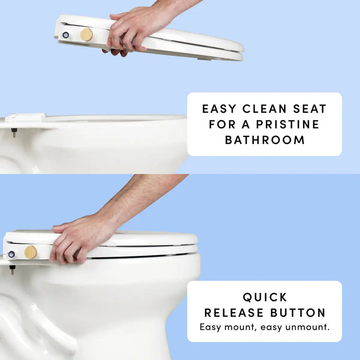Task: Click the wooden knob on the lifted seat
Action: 86,35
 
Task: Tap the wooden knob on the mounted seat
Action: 31,252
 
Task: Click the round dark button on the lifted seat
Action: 66,35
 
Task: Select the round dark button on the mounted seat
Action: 12,254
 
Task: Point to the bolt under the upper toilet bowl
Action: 14,132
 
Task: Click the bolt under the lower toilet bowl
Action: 12,270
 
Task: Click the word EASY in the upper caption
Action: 219,109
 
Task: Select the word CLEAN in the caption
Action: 264,109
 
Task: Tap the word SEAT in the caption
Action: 310,109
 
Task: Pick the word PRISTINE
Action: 288,124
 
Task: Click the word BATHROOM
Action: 264,140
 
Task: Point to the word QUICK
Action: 264,297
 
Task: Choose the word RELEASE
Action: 234,312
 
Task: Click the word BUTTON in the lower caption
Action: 298,312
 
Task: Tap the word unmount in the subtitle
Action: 307,327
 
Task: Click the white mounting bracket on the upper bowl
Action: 25,117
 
